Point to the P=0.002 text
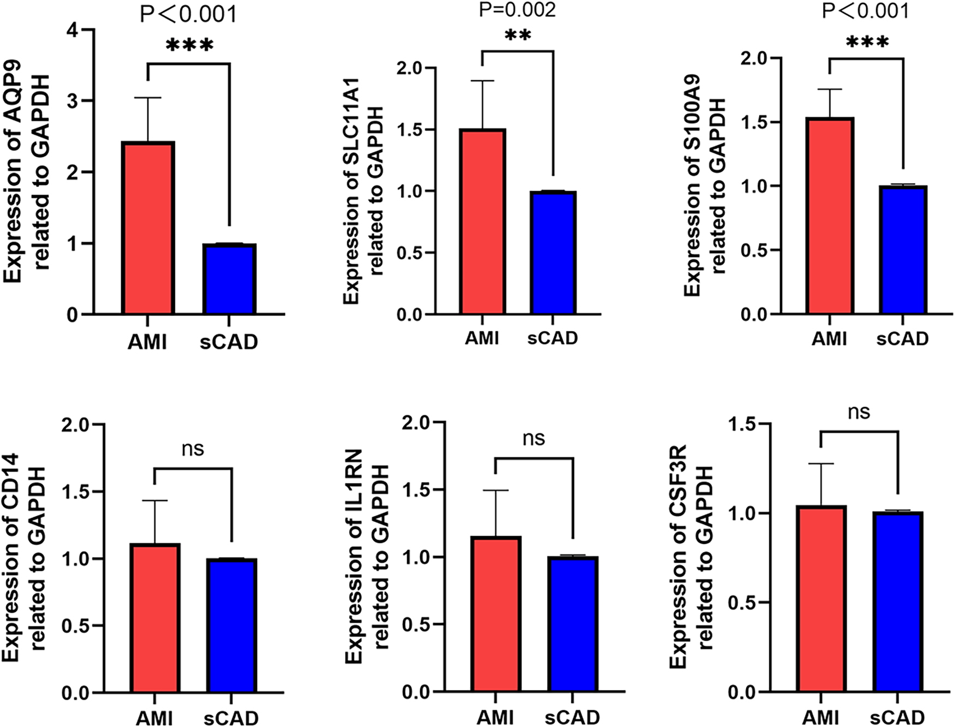(517, 10)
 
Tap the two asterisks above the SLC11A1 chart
(517, 37)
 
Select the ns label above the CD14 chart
(193, 449)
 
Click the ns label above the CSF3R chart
(859, 412)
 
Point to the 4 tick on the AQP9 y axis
(73, 30)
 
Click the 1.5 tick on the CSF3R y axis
(742, 424)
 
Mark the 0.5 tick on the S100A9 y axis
(754, 250)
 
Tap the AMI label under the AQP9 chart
(147, 342)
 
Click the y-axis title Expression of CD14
(11, 557)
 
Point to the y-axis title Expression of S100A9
(693, 186)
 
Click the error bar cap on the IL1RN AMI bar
(496, 491)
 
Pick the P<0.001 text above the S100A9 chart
(865, 11)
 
